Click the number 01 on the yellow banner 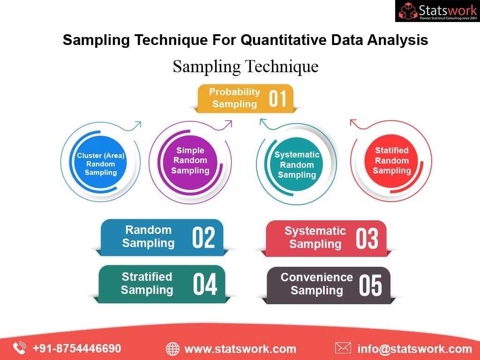(x=277, y=98)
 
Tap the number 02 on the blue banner (x=203, y=237)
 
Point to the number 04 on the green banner (x=205, y=284)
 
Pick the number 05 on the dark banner (x=370, y=285)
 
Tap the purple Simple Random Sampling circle (x=190, y=160)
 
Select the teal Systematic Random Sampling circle (x=297, y=165)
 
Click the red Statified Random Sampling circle (x=391, y=160)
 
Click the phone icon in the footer (x=19, y=348)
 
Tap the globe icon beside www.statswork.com (x=172, y=349)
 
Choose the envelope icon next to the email (x=343, y=348)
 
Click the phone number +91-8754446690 (x=76, y=348)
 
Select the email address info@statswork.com (x=414, y=349)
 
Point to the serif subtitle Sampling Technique (x=246, y=66)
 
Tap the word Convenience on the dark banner (x=316, y=277)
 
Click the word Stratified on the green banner (x=147, y=277)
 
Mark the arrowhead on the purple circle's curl (x=229, y=123)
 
